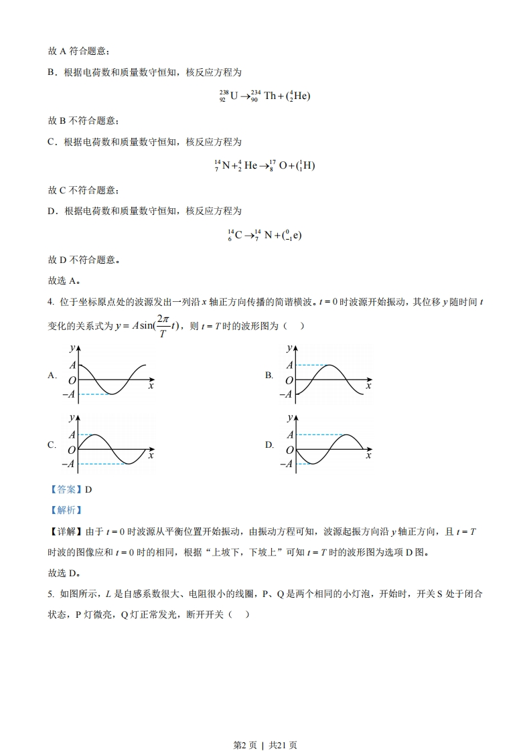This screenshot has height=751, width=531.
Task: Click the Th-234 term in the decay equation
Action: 262,96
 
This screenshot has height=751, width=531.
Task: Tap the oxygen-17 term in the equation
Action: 279,165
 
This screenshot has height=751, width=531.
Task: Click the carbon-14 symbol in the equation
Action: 234,235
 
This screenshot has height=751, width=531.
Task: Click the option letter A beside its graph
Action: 52,375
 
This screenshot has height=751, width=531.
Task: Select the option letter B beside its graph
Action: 269,375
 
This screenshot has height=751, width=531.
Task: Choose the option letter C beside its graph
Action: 52,445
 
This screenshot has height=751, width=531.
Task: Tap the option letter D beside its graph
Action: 269,445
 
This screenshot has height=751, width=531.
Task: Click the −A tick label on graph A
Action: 68,394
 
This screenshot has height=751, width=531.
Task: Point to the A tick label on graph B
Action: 289,365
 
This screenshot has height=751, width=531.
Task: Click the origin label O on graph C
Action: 72,450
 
